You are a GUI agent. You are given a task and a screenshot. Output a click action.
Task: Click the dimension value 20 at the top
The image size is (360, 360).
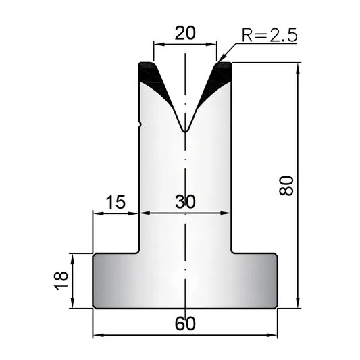pyautogui.click(x=185, y=33)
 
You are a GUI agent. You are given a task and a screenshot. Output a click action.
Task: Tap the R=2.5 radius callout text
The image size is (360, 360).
pyautogui.click(x=269, y=35)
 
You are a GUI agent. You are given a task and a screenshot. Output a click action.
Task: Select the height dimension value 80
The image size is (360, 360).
pyautogui.click(x=286, y=186)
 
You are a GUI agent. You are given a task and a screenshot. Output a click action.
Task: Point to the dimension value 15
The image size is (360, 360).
pyautogui.click(x=116, y=202)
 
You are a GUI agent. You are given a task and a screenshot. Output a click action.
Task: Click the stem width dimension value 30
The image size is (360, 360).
pyautogui.click(x=185, y=202)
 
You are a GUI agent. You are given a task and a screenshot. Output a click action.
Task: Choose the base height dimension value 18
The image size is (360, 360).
pyautogui.click(x=61, y=281)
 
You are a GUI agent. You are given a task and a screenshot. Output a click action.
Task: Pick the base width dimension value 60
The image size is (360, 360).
pyautogui.click(x=185, y=324)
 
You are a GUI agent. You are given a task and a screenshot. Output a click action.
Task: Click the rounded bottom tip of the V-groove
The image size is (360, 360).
pyautogui.click(x=185, y=131)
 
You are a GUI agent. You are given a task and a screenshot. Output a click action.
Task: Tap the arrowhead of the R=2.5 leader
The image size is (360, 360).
pyautogui.click(x=221, y=59)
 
